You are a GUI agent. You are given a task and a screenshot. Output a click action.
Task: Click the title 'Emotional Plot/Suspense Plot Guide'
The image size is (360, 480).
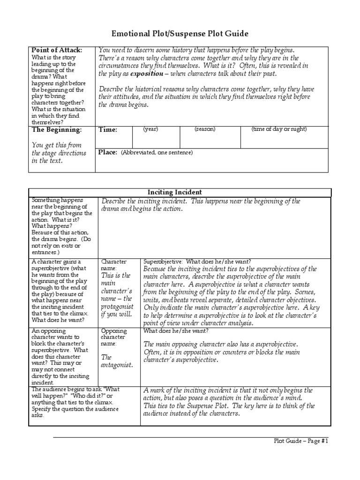click(x=180, y=34)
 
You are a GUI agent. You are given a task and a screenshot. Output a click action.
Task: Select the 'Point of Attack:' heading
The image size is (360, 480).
click(x=57, y=50)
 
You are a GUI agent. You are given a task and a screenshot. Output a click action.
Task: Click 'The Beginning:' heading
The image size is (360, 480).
click(x=56, y=129)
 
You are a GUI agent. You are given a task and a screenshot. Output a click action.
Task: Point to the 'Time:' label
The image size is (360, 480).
click(x=108, y=130)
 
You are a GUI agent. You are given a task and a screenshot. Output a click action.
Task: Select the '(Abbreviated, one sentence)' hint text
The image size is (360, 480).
click(x=156, y=153)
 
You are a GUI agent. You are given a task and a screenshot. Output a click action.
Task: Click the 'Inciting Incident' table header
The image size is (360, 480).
click(x=180, y=192)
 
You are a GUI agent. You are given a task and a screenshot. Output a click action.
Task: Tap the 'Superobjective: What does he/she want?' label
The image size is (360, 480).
click(x=197, y=261)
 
